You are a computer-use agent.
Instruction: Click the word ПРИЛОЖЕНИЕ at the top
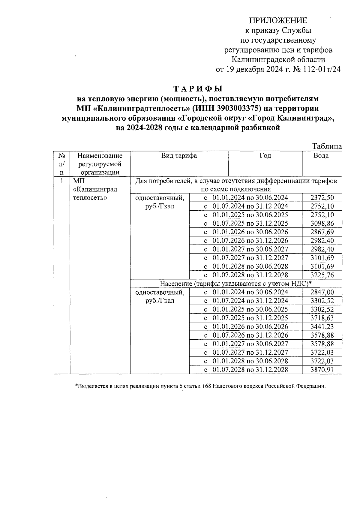tap(278, 20)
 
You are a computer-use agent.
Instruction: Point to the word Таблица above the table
tap(327, 146)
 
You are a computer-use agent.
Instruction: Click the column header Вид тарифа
tap(179, 155)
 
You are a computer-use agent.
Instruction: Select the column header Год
tap(265, 155)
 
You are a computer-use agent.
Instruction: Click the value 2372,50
tap(322, 198)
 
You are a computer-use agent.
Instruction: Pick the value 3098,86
tap(322, 224)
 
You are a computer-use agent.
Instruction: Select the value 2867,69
tap(322, 232)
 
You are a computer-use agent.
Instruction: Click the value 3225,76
tap(322, 275)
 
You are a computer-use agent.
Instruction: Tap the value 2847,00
tap(322, 292)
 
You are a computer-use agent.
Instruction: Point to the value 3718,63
tap(322, 318)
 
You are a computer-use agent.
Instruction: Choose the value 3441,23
tap(322, 327)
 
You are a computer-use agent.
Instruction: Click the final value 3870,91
tap(322, 370)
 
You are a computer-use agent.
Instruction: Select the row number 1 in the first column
tap(62, 181)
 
